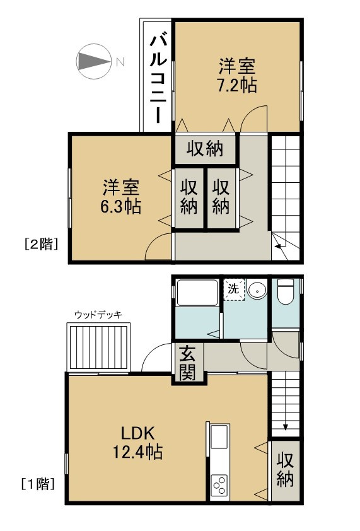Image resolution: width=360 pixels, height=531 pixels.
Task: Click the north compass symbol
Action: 93,61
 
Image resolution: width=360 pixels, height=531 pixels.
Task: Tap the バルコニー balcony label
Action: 158,78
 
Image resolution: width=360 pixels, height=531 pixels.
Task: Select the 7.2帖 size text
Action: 238,85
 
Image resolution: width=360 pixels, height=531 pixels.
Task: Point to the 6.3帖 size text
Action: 122,206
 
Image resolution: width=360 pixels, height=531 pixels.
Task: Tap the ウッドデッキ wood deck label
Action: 98,315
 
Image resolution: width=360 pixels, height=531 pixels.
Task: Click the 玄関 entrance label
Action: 188,364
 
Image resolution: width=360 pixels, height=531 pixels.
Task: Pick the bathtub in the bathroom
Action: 197,293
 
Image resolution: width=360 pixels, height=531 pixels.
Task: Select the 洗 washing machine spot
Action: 233,290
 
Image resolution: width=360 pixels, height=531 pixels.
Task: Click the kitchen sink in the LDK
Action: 219,438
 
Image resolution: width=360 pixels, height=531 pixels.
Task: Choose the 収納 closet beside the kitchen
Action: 285,470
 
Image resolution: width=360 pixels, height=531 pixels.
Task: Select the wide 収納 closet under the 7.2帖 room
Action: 205,149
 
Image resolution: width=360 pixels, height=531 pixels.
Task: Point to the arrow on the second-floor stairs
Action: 278,245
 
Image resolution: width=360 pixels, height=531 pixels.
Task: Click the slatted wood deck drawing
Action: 99,347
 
